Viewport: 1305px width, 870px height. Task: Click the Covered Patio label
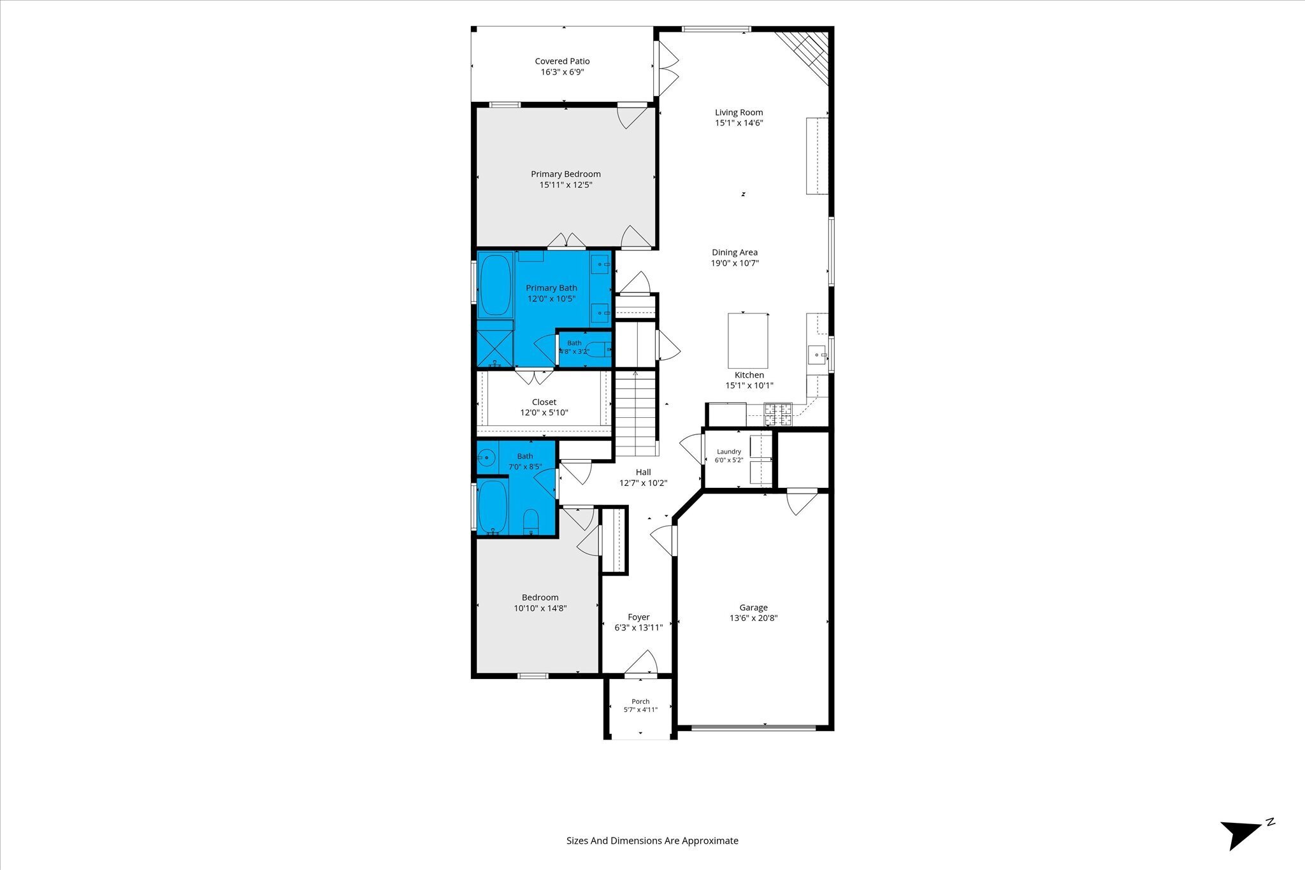562,61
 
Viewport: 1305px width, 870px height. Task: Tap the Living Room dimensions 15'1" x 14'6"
739,123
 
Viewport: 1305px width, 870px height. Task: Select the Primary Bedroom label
566,174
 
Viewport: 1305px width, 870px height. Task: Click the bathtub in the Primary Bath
495,285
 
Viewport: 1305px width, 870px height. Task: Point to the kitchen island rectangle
747,341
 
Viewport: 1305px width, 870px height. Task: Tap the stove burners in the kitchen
778,415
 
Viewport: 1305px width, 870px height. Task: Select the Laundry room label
729,452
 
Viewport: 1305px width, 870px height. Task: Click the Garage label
753,608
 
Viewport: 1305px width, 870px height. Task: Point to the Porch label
640,701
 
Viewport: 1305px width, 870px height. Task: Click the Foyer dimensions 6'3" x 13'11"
638,627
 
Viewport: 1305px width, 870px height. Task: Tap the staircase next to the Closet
635,414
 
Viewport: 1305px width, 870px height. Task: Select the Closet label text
544,402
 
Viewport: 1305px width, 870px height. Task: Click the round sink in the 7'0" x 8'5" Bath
487,457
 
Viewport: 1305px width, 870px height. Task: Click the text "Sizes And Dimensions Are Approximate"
652,841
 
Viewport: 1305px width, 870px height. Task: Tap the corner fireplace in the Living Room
805,55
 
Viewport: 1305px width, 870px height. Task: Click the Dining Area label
735,252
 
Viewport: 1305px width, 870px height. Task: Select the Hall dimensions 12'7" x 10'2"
643,483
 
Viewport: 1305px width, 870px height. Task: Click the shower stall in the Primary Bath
495,345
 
